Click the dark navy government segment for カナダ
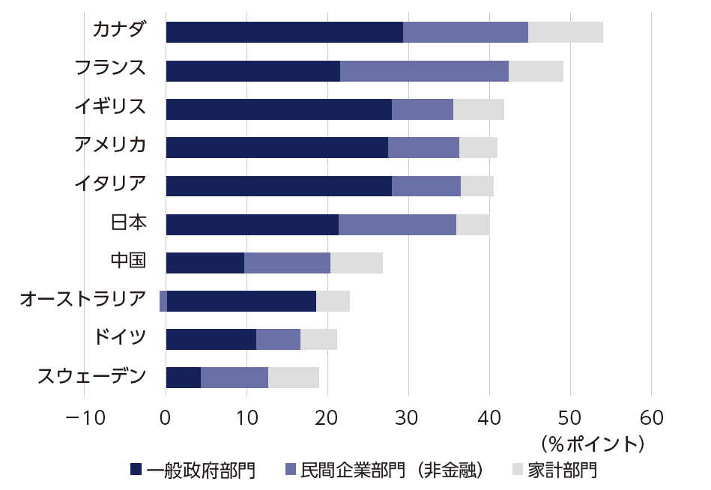click(x=284, y=32)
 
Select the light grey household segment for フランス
click(x=536, y=71)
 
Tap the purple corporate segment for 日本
click(x=397, y=225)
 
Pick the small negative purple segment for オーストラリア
click(x=163, y=301)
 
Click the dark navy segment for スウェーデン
click(x=183, y=378)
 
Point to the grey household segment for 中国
click(x=356, y=263)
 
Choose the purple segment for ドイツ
click(x=278, y=339)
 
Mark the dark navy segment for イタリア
click(x=278, y=186)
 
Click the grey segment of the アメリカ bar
click(x=478, y=148)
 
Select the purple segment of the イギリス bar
click(x=422, y=109)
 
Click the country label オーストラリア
click(x=82, y=300)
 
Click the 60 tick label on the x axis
click(x=651, y=418)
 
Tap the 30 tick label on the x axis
click(x=408, y=418)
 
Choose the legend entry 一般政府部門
click(x=201, y=471)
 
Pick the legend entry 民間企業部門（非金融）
click(x=391, y=471)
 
